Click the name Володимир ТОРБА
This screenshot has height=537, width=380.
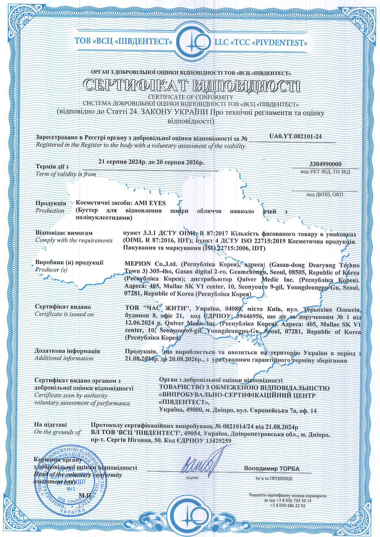[272, 468]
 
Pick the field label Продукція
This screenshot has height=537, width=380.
[50, 203]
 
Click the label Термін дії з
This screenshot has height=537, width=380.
[52, 167]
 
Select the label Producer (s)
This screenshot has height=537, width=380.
[51, 270]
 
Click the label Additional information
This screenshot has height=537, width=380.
[64, 358]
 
